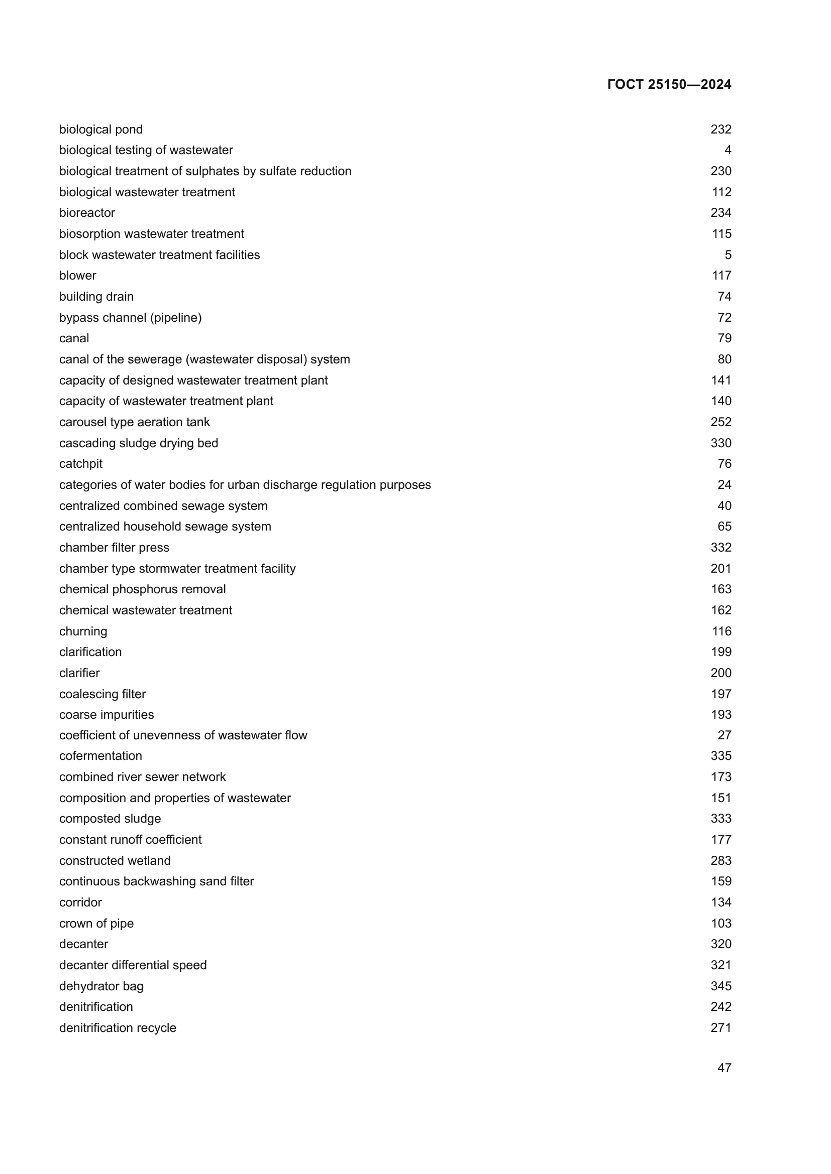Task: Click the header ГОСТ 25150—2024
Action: (x=669, y=84)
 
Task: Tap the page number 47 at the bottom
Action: (x=724, y=1068)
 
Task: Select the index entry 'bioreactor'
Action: (x=87, y=213)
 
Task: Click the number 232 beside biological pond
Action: (x=720, y=129)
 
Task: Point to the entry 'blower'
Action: (x=78, y=276)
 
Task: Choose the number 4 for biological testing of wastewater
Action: (x=728, y=151)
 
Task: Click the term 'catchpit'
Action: (x=81, y=464)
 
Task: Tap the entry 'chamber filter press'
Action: (x=114, y=548)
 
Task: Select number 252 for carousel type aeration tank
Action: (x=720, y=422)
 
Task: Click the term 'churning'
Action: (x=83, y=631)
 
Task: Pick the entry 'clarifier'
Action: (x=79, y=673)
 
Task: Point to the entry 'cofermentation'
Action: (x=101, y=756)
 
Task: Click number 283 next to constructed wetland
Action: (x=720, y=861)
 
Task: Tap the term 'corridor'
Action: (x=80, y=902)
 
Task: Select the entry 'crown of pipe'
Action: (x=96, y=924)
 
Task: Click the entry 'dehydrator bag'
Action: (x=101, y=986)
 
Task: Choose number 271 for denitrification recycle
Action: (x=720, y=1028)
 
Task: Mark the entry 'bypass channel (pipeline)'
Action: (x=131, y=318)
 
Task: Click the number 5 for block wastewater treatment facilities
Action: (x=728, y=254)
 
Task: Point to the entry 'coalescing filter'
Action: (x=102, y=694)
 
